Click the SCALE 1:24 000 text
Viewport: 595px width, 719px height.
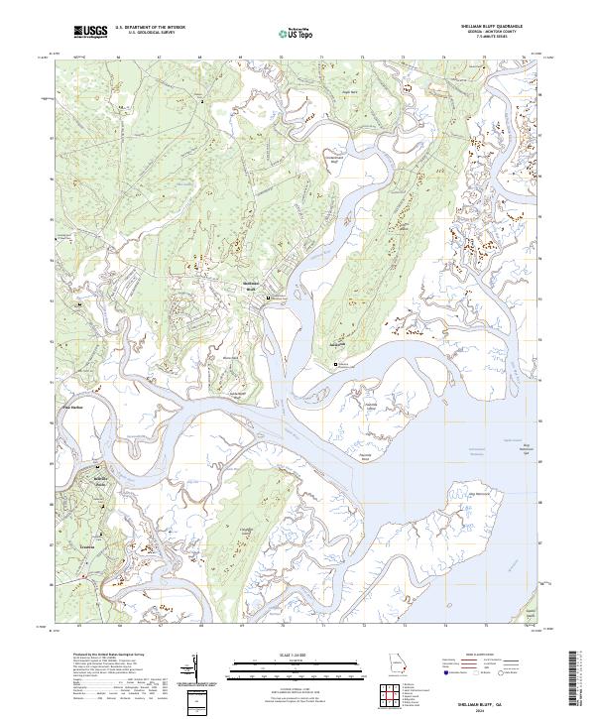pos(297,655)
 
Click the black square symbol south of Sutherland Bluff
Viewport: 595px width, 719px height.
pos(335,364)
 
